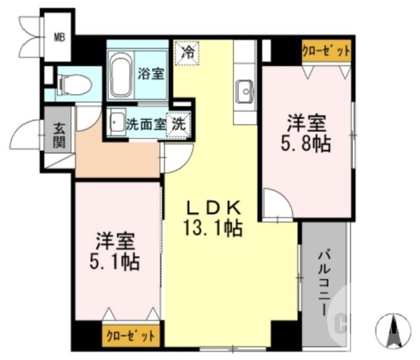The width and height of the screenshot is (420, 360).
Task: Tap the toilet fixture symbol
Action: tap(73, 83)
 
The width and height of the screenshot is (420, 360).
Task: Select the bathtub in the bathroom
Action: tap(121, 75)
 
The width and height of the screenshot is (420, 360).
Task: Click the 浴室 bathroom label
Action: tap(151, 74)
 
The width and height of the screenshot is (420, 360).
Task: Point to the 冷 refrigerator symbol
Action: tap(187, 53)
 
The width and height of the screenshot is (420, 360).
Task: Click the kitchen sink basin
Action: tap(244, 93)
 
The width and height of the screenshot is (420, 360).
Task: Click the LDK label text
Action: tap(214, 207)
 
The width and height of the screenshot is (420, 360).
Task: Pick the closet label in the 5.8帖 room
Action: tap(325, 52)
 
